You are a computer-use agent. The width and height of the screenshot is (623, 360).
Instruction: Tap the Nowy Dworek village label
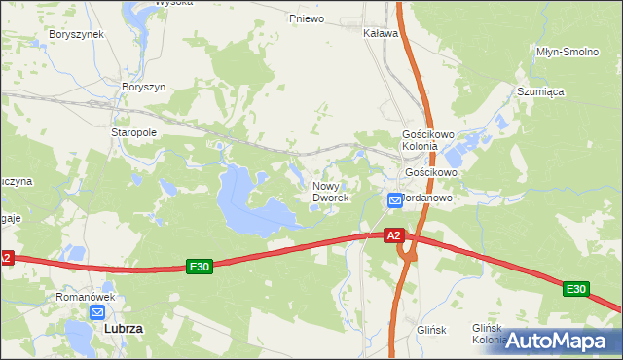click(330, 192)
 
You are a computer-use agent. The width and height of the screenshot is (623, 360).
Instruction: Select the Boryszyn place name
click(143, 87)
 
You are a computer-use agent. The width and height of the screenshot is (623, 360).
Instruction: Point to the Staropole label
click(134, 132)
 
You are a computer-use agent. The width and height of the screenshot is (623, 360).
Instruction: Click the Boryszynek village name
click(76, 34)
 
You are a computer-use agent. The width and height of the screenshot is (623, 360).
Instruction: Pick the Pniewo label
click(307, 18)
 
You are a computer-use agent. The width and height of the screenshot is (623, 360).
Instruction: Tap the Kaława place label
click(381, 33)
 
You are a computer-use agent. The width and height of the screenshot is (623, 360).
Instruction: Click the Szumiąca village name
click(541, 91)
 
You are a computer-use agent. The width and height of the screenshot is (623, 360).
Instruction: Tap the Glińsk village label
click(430, 330)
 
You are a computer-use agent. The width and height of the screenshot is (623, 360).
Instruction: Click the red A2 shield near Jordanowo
click(393, 235)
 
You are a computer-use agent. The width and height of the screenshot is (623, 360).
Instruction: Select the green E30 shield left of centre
click(200, 267)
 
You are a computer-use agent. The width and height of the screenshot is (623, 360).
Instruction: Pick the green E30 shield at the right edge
click(575, 289)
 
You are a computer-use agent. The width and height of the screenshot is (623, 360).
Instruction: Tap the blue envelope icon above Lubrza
click(97, 312)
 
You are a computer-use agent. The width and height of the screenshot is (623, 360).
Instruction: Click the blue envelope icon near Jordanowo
click(394, 200)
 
